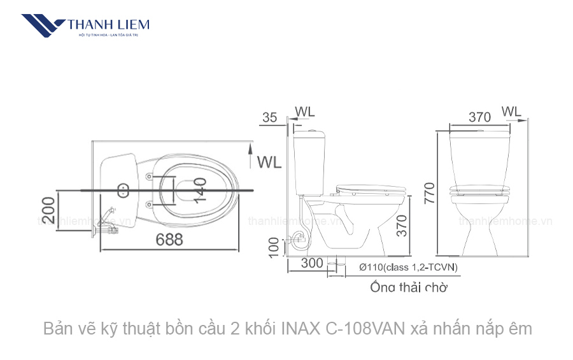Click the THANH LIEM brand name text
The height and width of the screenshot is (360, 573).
point(108,25)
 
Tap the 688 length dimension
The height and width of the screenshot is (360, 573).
point(168,240)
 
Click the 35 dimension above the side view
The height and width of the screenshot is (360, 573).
point(269,117)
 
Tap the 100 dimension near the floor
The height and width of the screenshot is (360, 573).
point(274,247)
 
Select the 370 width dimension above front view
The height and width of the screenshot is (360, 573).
point(479,117)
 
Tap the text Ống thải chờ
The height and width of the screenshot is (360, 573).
point(408,287)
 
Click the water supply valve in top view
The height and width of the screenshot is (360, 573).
point(110,220)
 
